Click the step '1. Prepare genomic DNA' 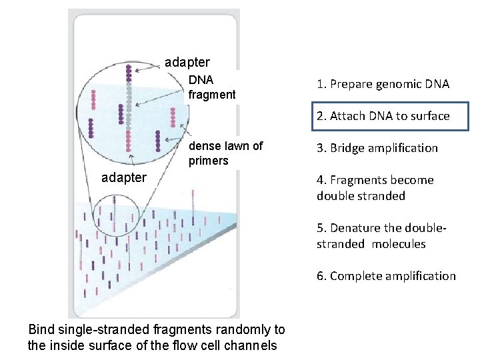click(x=383, y=84)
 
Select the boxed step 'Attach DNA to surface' click(x=383, y=116)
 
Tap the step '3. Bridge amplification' click(x=377, y=148)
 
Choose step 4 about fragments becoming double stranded click(x=375, y=188)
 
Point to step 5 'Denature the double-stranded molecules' click(x=381, y=236)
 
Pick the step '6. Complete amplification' click(x=386, y=276)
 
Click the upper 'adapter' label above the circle click(x=187, y=63)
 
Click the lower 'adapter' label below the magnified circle click(x=123, y=177)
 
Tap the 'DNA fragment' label click(x=211, y=87)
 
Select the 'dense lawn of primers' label click(x=225, y=153)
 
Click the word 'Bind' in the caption click(x=41, y=329)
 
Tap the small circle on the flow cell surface click(x=115, y=216)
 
